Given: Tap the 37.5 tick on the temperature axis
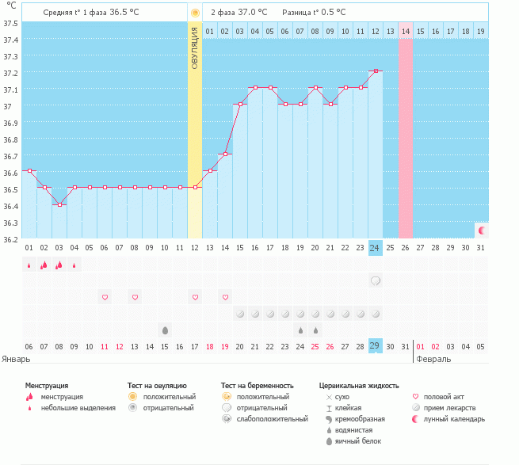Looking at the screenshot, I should (x=10, y=23).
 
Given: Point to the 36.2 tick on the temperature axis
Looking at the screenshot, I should (x=10, y=238).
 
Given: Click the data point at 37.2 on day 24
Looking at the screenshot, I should (x=376, y=71).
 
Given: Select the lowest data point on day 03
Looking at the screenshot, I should (x=59, y=204).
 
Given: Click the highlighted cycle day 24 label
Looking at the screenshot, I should (x=376, y=248).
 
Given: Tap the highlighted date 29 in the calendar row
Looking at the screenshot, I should (x=376, y=346).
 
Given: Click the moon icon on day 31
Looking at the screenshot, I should (x=481, y=230).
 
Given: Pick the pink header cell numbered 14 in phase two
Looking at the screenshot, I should (x=406, y=31).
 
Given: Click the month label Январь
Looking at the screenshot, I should (x=16, y=359).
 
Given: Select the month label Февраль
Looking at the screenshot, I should (x=433, y=359).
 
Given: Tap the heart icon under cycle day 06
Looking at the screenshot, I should (x=105, y=297).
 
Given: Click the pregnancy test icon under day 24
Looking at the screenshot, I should (x=376, y=280).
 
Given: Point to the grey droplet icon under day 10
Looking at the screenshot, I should (x=165, y=330).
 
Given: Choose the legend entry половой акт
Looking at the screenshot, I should (x=445, y=396).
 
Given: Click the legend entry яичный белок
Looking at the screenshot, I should (x=357, y=440).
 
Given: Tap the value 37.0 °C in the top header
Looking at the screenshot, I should (x=253, y=13).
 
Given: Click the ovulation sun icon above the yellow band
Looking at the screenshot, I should (x=195, y=13).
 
